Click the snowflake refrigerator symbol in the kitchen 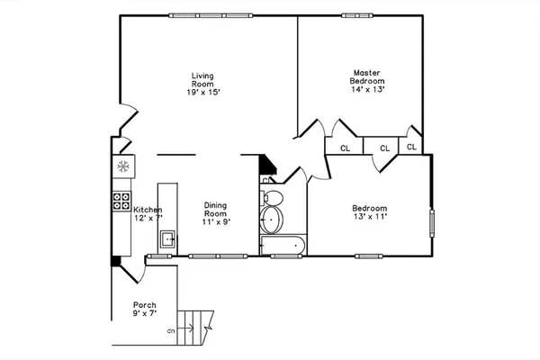coord(122,166)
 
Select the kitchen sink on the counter coord(166,238)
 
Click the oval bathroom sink coord(272,219)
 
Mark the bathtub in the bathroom coord(283,246)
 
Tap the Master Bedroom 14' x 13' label coord(367,81)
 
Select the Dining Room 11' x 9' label coord(214,213)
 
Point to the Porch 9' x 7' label coord(145,309)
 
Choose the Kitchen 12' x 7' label coord(148,214)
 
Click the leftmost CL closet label coord(345,148)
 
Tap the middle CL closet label coord(383,148)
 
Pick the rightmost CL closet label coord(411,146)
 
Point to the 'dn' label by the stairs coord(170,331)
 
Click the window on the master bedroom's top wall coord(355,13)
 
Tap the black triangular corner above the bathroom coord(267,166)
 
